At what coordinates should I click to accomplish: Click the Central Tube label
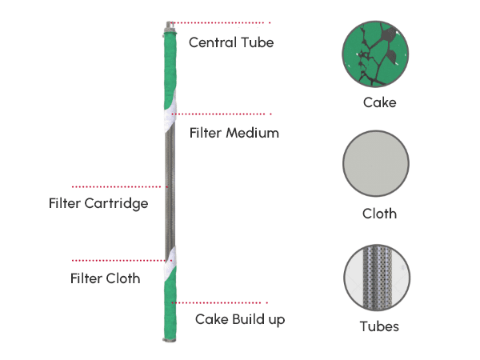coord(231,42)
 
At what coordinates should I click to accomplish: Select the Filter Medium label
coord(234,133)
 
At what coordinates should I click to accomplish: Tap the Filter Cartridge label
coord(98,203)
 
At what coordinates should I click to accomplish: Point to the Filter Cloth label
coord(105,278)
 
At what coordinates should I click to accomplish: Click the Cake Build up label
coord(240,319)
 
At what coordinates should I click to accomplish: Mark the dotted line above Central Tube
coord(220,22)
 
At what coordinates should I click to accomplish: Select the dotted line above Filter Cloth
coord(120,260)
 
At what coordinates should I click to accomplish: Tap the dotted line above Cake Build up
coord(220,302)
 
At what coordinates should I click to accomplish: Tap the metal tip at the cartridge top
coord(169,26)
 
